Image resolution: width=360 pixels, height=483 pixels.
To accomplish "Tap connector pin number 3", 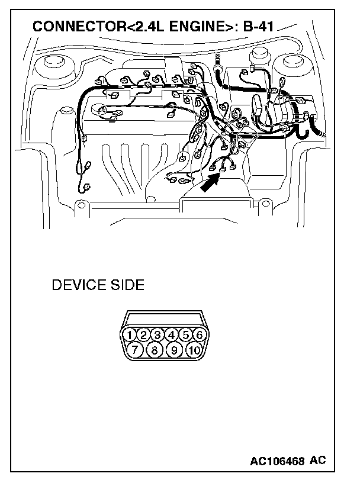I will tap(157, 335).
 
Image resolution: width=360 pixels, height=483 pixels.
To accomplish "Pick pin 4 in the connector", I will tap(171, 335).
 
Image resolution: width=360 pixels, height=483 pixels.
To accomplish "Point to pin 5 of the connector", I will tap(185, 335).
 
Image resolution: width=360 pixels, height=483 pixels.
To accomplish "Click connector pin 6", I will tap(199, 335).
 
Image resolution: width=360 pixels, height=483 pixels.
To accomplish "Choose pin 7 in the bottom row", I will tap(136, 350).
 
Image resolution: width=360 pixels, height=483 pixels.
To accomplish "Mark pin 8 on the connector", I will tap(154, 350).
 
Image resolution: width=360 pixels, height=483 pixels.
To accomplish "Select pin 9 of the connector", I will tap(174, 350).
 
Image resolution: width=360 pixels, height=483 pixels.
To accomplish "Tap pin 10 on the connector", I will tap(193, 350).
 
